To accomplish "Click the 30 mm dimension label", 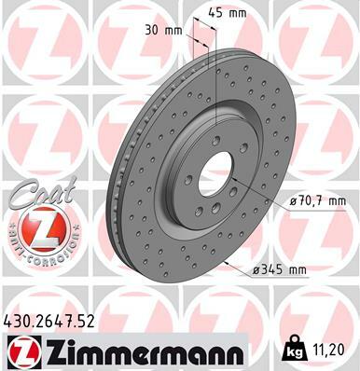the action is click(x=163, y=31).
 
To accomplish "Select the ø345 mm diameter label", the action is click(x=279, y=269).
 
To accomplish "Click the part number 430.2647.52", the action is click(x=48, y=322).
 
